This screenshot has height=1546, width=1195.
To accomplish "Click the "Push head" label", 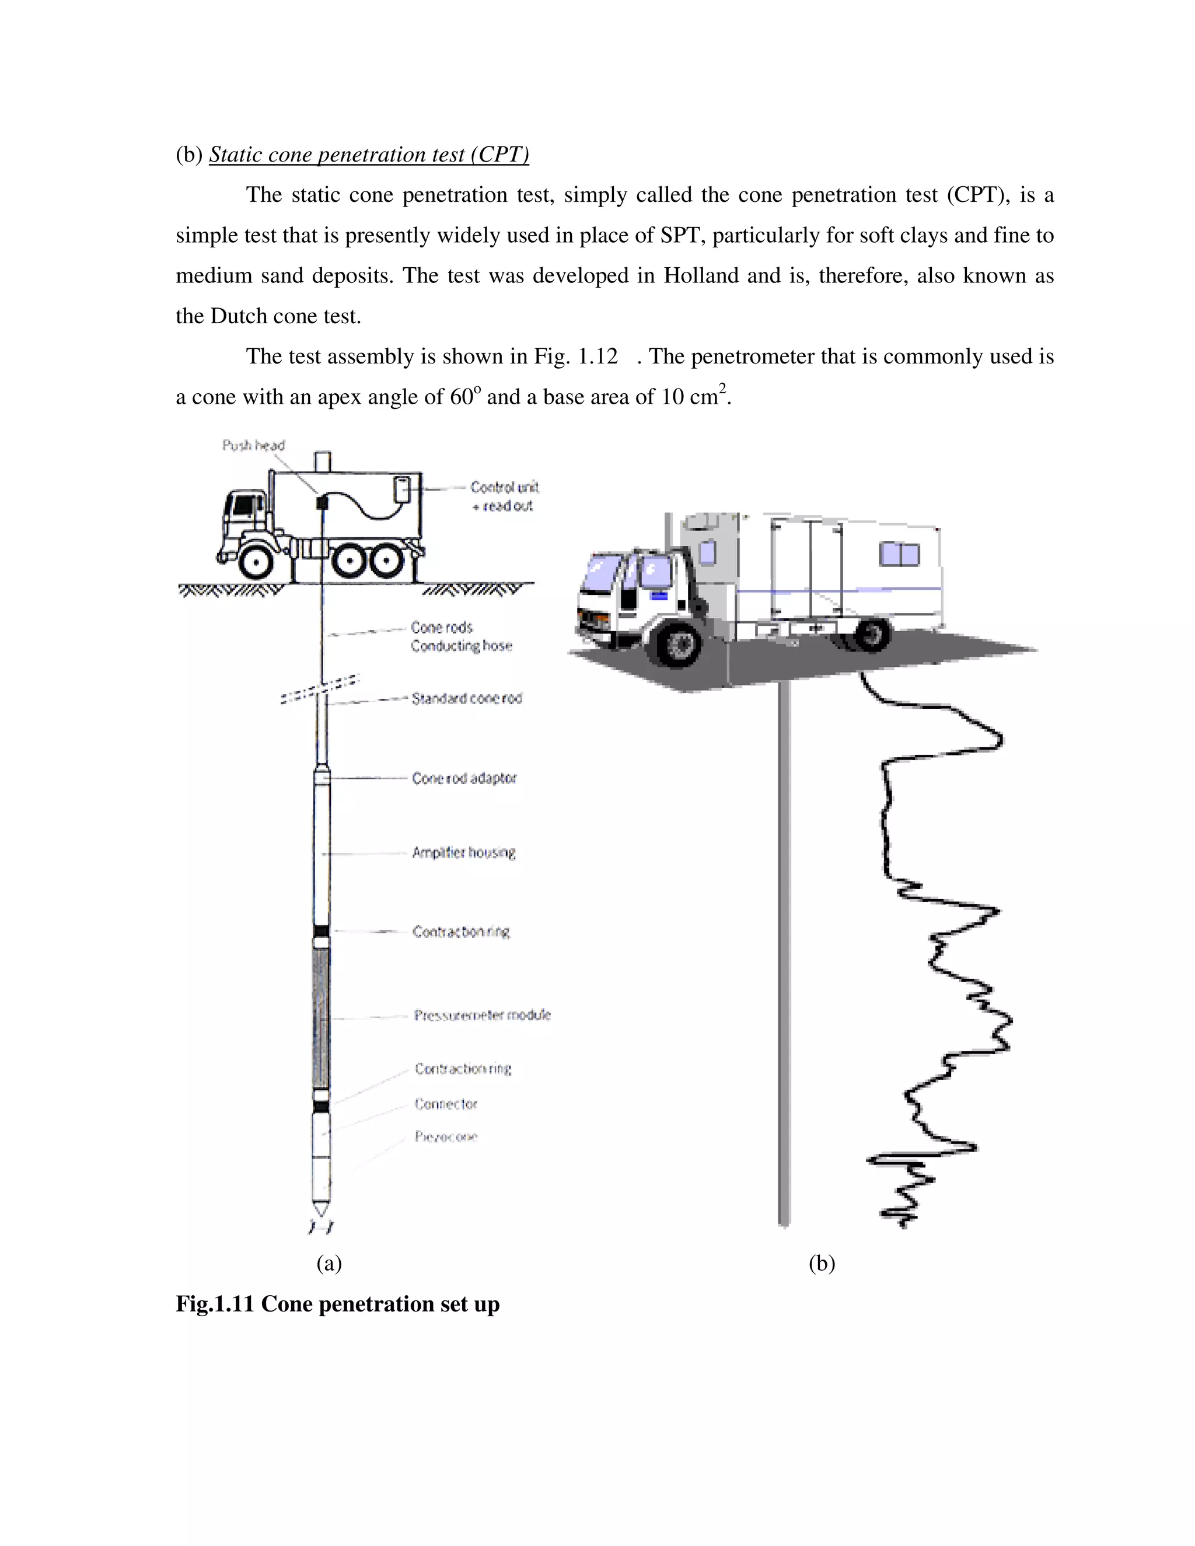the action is pyautogui.click(x=253, y=445).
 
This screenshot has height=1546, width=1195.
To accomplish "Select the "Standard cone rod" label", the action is pyautogui.click(x=467, y=699).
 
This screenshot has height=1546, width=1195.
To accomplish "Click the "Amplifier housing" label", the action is pyautogui.click(x=464, y=853).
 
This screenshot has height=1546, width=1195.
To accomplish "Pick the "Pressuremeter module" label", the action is pyautogui.click(x=482, y=1015).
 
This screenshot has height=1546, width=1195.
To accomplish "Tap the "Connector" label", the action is pyautogui.click(x=446, y=1104).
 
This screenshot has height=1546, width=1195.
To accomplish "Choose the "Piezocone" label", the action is pyautogui.click(x=446, y=1137).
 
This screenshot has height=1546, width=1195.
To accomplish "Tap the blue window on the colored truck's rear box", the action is pyautogui.click(x=899, y=554).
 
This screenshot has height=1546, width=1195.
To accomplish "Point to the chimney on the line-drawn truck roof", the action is pyautogui.click(x=323, y=461).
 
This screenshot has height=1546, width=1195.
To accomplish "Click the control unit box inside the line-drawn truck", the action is pyautogui.click(x=401, y=488).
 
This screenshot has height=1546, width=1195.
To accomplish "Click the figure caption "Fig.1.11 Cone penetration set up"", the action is pyautogui.click(x=338, y=1304).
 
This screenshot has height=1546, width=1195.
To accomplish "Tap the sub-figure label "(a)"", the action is pyautogui.click(x=329, y=1263).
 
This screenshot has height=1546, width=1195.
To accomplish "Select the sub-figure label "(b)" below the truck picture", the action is pyautogui.click(x=822, y=1263).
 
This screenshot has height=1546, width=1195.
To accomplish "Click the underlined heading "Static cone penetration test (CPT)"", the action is pyautogui.click(x=369, y=155).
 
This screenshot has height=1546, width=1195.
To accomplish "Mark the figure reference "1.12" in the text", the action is pyautogui.click(x=598, y=356).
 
